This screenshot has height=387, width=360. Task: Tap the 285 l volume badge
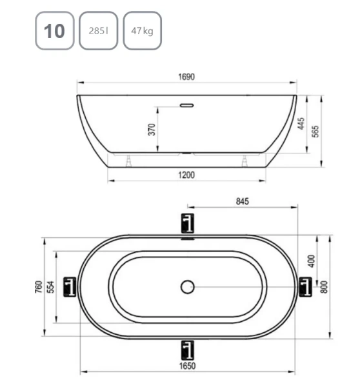[x=98, y=30]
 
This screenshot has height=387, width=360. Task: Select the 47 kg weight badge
[x=141, y=30]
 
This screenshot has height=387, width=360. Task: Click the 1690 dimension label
[x=186, y=77]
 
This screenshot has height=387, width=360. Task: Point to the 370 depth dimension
[x=152, y=129]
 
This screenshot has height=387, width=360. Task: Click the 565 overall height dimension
[x=316, y=131]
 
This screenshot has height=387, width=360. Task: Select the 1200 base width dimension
[x=186, y=175]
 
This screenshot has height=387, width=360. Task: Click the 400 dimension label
[x=311, y=261]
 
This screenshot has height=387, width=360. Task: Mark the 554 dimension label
[x=51, y=286]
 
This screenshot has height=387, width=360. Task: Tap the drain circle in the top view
[x=188, y=286]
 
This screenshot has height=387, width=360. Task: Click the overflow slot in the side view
[x=187, y=103]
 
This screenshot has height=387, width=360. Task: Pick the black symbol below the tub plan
[x=187, y=349]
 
